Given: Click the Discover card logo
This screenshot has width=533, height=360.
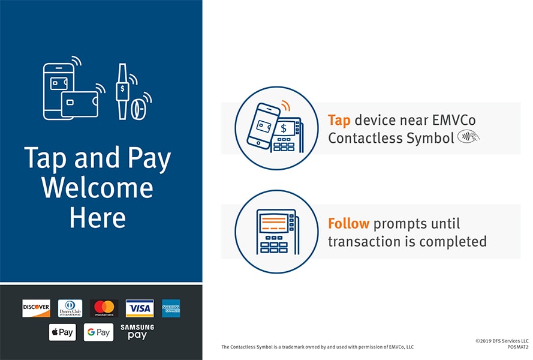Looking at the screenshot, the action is tap(36, 308).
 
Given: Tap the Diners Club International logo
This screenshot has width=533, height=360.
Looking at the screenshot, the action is tap(70, 308).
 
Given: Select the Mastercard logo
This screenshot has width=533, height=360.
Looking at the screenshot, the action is tap(104, 308).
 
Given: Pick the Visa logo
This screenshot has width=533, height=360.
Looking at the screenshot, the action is tap(139, 308).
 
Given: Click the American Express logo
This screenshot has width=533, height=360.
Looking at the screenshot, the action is tap(171, 308).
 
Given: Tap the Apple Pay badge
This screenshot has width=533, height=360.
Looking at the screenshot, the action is tap(62, 332).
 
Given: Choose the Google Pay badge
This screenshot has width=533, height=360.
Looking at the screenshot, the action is tap(98, 332).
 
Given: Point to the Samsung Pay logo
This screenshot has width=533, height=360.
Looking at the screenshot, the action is tap(137, 332).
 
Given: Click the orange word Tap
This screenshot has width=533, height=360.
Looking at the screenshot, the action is tap(339, 121).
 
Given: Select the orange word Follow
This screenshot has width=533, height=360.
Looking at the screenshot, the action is tap(348, 224).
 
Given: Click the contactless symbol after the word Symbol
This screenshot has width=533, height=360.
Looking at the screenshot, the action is tap(468, 136).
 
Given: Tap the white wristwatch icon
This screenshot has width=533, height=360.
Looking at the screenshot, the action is tap(122, 91).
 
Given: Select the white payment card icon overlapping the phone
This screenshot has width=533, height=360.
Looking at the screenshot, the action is tap(80, 104).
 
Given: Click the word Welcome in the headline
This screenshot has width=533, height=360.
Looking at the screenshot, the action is tap(97, 188).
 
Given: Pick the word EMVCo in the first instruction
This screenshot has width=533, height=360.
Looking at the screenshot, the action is tap(453, 120).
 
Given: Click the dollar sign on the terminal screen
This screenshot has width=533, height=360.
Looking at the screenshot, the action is tap(284, 128).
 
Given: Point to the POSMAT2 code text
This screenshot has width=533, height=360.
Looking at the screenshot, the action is tap(518, 347).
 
